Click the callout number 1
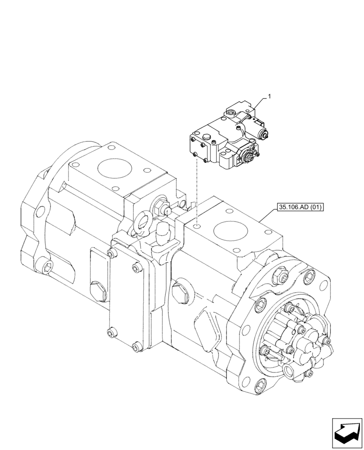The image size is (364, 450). (x=269, y=96)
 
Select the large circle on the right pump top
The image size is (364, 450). (x=231, y=232)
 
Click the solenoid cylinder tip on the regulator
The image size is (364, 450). (x=266, y=134)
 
